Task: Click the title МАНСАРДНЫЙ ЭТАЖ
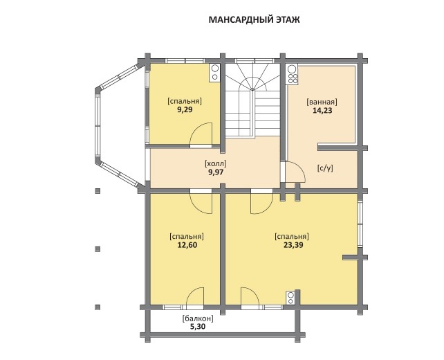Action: pyautogui.click(x=254, y=20)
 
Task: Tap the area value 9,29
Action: pyautogui.click(x=185, y=109)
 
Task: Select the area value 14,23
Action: pyautogui.click(x=322, y=111)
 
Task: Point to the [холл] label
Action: pyautogui.click(x=216, y=163)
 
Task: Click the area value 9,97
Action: pyautogui.click(x=216, y=172)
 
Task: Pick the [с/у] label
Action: pyautogui.click(x=325, y=168)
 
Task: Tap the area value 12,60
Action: pyautogui.click(x=187, y=245)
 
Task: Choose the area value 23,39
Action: pyautogui.click(x=293, y=245)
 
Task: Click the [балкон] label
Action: pyautogui.click(x=198, y=318)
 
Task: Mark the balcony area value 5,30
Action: pyautogui.click(x=198, y=327)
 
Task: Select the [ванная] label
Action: pyautogui.click(x=322, y=102)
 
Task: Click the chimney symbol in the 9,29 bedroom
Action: pyautogui.click(x=215, y=73)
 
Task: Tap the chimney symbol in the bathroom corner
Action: pyautogui.click(x=293, y=74)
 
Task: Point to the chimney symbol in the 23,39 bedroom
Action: pyautogui.click(x=290, y=298)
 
